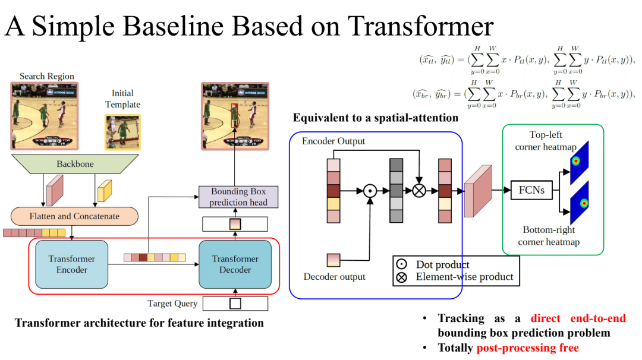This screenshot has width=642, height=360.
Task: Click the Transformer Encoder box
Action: tap(68, 264)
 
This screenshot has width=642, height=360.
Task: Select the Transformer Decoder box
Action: tap(235, 264)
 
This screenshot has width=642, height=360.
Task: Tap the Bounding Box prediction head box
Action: tap(238, 197)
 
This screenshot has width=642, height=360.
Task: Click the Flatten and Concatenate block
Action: tap(75, 216)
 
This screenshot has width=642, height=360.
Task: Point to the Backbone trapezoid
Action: tap(75, 164)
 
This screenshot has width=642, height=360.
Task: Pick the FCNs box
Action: tap(531, 191)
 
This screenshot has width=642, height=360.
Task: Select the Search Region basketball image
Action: tap(45, 115)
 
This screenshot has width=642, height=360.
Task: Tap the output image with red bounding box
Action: tap(235, 115)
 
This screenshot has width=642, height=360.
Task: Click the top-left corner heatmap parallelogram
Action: tap(578, 162)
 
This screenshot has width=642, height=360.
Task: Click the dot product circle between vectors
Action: tap(370, 191)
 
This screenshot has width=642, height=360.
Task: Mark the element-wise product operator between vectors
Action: tap(419, 191)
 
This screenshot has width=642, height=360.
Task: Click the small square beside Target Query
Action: tap(235, 304)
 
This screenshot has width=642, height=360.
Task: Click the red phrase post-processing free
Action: tap(527, 348)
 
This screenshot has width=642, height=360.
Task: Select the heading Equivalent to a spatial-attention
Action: tap(375, 118)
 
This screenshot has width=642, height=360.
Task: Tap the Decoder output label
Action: tap(335, 277)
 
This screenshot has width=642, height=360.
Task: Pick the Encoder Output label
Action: tap(333, 141)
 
